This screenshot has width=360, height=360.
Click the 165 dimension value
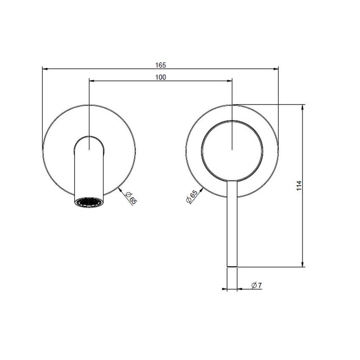(x=161, y=65)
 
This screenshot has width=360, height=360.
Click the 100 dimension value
(x=161, y=77)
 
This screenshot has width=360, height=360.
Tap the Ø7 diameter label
(x=257, y=285)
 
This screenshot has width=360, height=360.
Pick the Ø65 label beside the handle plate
(x=191, y=197)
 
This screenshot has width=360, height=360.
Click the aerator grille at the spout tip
(x=89, y=201)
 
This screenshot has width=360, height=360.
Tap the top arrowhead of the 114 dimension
(x=303, y=107)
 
